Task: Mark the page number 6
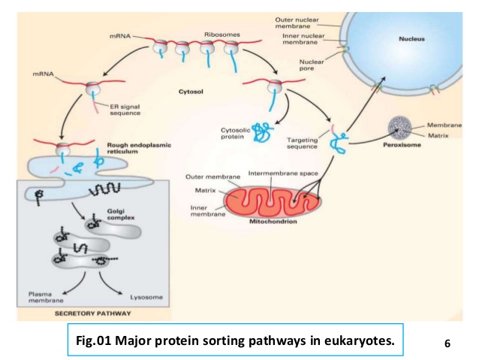point(447,344)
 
